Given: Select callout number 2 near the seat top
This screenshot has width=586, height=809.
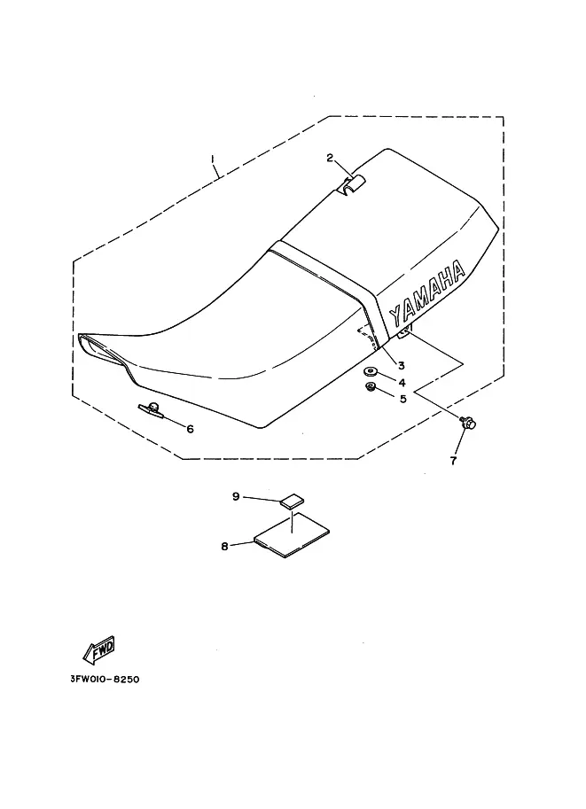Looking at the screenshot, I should pyautogui.click(x=330, y=159).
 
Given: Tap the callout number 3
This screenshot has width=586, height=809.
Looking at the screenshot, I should pyautogui.click(x=401, y=365).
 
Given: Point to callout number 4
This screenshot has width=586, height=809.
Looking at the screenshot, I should pyautogui.click(x=402, y=383).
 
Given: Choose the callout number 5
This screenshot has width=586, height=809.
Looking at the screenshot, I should pyautogui.click(x=402, y=399).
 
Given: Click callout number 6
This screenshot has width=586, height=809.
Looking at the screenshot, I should pyautogui.click(x=189, y=429).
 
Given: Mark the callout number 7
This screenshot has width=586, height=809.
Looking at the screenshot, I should pyautogui.click(x=453, y=461).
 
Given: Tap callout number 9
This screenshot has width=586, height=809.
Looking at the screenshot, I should pyautogui.click(x=237, y=497).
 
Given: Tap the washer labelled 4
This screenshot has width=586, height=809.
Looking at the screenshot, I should pyautogui.click(x=370, y=371).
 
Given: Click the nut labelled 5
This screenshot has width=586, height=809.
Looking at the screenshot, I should pyautogui.click(x=371, y=386).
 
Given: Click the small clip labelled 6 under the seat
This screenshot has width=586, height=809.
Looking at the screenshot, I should pyautogui.click(x=152, y=408).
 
